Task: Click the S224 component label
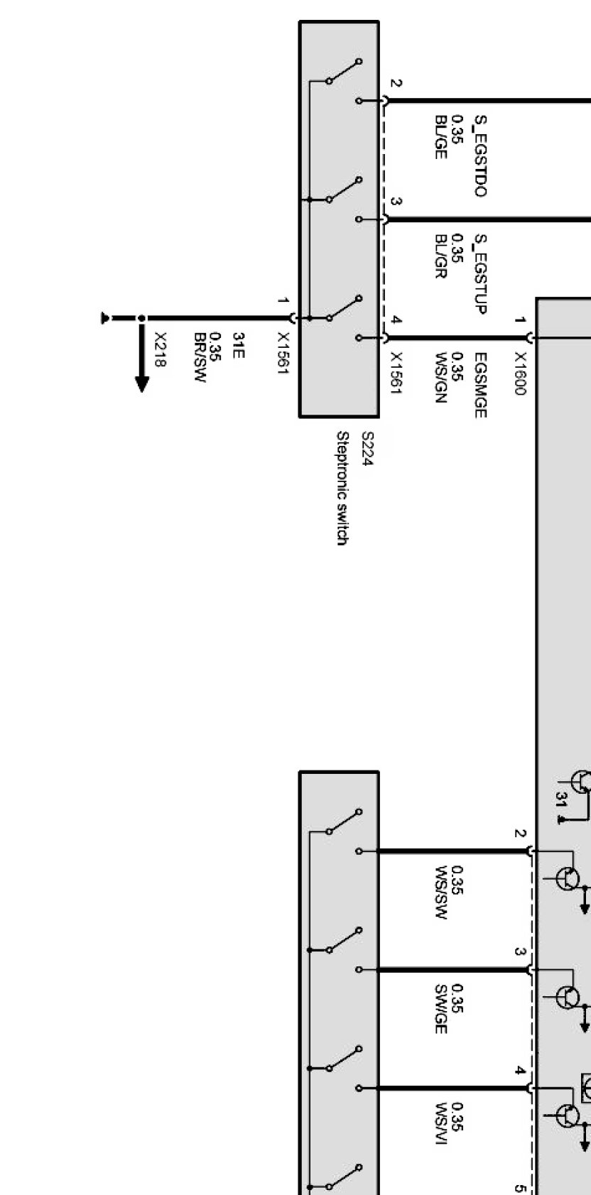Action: pos(367,449)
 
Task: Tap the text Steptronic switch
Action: pos(342,488)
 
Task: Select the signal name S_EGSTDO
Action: pos(480,155)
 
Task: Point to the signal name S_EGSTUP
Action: pos(480,273)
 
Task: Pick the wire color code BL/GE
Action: pos(440,136)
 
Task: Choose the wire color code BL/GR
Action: pos(440,255)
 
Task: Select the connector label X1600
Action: pos(521,373)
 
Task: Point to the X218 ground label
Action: pos(160,350)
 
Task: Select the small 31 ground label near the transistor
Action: pos(560,800)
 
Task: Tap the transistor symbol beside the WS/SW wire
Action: pos(568,878)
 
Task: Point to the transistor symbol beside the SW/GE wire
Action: pos(568,997)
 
